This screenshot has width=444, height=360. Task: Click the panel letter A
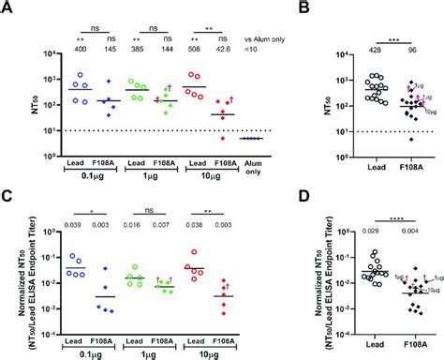tap(8, 8)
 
